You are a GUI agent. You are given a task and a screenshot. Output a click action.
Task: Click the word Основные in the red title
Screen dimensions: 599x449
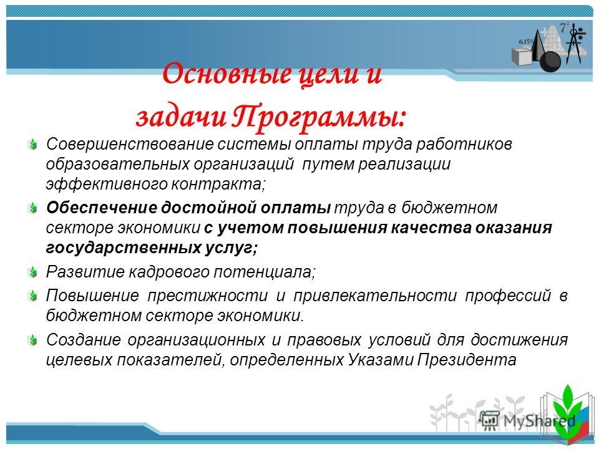[x=226, y=74]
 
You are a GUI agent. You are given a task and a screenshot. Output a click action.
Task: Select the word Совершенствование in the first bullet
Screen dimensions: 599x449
[x=130, y=144]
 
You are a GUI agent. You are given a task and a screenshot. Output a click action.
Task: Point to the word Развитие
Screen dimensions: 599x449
[x=85, y=272]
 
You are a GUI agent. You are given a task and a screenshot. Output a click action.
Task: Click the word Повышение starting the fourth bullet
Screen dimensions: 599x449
[x=92, y=296]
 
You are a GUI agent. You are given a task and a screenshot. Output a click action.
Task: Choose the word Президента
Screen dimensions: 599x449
[x=466, y=360]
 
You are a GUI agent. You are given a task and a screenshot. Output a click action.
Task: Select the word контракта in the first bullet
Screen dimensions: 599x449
[x=217, y=185]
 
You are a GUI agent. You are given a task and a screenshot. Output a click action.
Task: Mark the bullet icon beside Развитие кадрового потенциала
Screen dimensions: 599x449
[x=33, y=273]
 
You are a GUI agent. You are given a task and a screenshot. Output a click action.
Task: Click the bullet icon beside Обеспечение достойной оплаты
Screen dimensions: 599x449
[x=33, y=208]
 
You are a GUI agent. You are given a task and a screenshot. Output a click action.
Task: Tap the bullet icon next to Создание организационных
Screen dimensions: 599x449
[x=33, y=340]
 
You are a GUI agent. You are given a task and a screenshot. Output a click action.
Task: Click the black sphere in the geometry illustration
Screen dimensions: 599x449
[x=550, y=62]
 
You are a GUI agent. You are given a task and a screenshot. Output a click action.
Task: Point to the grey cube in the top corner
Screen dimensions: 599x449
[x=522, y=57]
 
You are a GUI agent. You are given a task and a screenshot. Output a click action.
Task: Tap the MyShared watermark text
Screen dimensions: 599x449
[x=539, y=421]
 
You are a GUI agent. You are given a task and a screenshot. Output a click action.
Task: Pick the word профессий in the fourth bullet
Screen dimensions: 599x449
[x=508, y=296]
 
